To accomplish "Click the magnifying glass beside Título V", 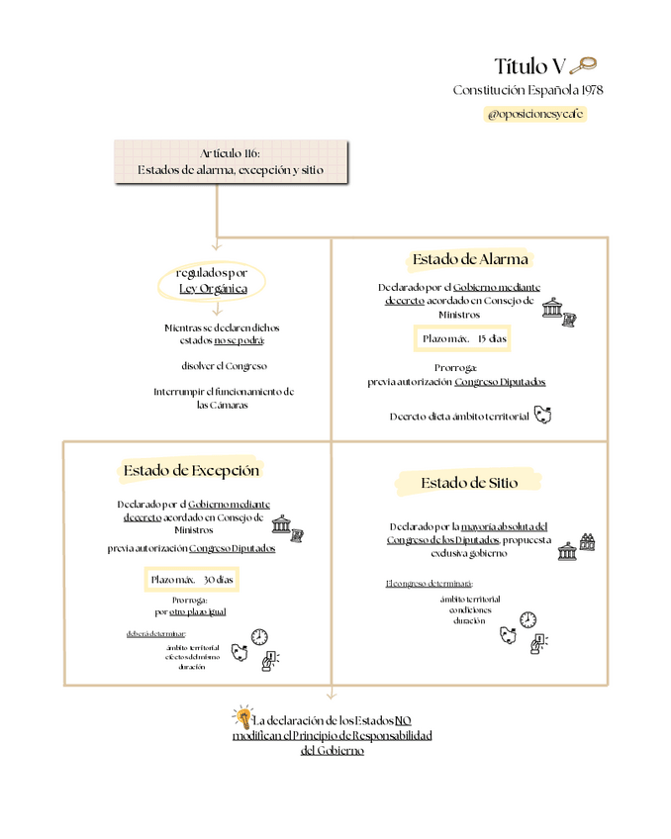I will click(x=584, y=66).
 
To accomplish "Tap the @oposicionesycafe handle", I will click(x=534, y=114).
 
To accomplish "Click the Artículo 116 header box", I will click(x=231, y=161).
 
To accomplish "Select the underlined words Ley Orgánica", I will click(x=213, y=289).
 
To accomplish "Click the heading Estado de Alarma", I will click(x=470, y=260).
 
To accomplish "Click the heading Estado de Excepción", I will click(x=191, y=470).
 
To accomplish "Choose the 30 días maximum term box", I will click(x=191, y=578).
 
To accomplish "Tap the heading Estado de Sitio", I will click(x=469, y=483).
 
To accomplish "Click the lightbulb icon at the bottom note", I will click(x=240, y=716).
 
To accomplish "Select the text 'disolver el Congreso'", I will click(x=224, y=366).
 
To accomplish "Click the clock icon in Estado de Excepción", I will click(x=259, y=636).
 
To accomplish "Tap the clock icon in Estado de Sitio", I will click(x=527, y=620).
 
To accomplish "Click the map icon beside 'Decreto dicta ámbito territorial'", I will click(x=541, y=415).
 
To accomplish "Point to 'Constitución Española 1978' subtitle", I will click(x=527, y=90).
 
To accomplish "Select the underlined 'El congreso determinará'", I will click(x=429, y=584).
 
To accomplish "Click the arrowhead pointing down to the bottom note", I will click(x=331, y=696).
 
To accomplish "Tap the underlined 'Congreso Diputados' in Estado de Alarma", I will click(x=500, y=381).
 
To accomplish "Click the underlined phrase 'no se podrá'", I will click(x=239, y=340).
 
